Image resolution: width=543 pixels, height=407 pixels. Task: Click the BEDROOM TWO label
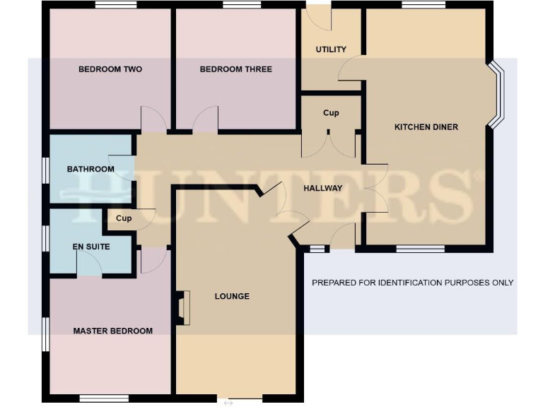click(110, 69)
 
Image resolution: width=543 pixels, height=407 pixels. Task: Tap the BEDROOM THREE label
click(235, 69)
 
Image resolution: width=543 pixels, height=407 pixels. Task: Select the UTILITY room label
click(331, 49)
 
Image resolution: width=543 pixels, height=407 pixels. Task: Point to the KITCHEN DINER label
click(426, 127)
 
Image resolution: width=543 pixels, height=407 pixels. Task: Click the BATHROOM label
click(90, 170)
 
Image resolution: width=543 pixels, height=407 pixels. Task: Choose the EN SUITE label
click(89, 247)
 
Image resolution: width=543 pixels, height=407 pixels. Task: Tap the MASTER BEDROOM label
click(112, 331)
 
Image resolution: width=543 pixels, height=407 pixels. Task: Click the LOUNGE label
click(232, 296)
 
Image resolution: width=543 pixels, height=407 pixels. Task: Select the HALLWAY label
click(322, 188)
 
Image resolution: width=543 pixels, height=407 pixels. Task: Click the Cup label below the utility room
click(331, 113)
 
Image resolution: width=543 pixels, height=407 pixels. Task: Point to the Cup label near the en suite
click(124, 218)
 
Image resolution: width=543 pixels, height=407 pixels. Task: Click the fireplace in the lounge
click(183, 308)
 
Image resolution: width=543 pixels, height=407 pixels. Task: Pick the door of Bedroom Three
click(205, 120)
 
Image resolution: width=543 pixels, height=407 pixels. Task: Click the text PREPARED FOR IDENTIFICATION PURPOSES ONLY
click(412, 283)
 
